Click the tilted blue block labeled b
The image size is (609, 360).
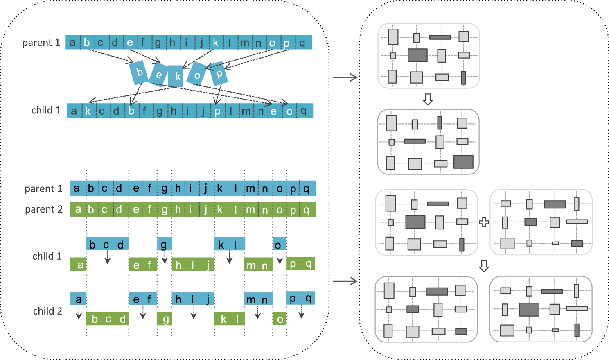click(139, 72)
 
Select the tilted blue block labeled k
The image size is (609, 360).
click(176, 76)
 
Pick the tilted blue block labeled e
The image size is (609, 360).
click(158, 75)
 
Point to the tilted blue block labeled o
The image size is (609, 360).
click(197, 74)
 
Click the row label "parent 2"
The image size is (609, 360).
click(44, 209)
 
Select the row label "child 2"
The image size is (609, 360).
click(47, 311)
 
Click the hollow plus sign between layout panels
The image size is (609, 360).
click(484, 222)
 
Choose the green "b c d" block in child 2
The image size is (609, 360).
click(108, 319)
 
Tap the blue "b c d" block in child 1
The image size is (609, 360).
click(108, 244)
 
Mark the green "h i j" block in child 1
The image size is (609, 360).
click(193, 265)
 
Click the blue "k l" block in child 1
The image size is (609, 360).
click(229, 244)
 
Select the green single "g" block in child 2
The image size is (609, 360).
click(165, 319)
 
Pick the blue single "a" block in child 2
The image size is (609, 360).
click(78, 299)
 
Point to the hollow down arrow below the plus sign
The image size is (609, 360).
click(484, 266)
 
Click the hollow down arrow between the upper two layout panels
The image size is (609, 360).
click(428, 99)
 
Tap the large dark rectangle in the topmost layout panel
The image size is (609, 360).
click(417, 55)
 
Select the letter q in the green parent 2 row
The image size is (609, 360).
click(307, 210)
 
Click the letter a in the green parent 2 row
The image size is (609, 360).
click(78, 210)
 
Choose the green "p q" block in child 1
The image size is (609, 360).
click(301, 264)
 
